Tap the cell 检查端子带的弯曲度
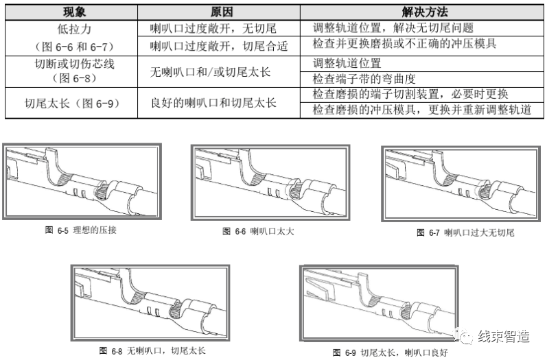point(364,78)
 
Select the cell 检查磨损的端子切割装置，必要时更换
point(410,94)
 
